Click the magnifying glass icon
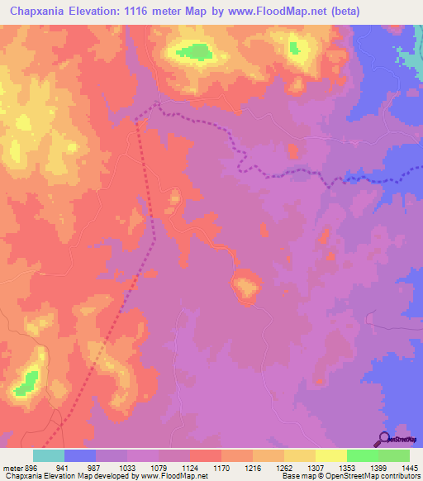coord(383,440)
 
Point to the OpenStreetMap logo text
coord(403,439)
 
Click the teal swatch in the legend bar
coord(49,455)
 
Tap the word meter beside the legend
coord(12,468)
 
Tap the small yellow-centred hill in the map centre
coord(245,287)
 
